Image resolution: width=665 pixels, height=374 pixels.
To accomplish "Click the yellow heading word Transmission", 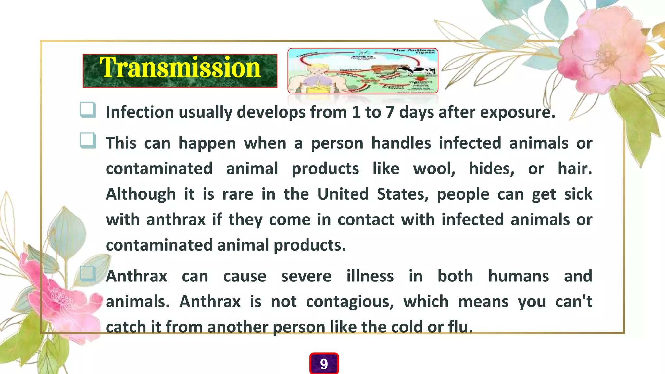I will coord(180,68).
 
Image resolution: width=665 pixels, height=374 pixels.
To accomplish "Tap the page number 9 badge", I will coord(324,364).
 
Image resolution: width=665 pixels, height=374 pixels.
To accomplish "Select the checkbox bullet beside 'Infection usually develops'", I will coord(88,109).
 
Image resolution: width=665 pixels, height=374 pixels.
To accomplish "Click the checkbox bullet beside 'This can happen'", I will coord(88,141).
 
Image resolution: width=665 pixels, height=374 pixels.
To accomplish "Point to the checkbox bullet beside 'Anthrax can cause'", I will coord(88,273).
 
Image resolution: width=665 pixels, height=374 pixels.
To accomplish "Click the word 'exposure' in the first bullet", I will coord(518,112).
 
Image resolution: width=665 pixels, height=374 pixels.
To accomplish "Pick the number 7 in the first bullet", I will coord(390,112).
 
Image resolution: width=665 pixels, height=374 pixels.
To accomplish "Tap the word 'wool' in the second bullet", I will coord(434,169).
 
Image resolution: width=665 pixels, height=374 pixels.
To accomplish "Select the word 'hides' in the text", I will coord(492,169).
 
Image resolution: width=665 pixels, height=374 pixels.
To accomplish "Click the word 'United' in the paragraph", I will coord(343,194).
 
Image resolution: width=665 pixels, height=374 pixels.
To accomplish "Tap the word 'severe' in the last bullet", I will coord(306,276).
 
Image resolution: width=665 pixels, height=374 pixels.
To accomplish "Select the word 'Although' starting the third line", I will coord(141,194).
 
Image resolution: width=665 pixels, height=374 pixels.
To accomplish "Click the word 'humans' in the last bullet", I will coord(519,276).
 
